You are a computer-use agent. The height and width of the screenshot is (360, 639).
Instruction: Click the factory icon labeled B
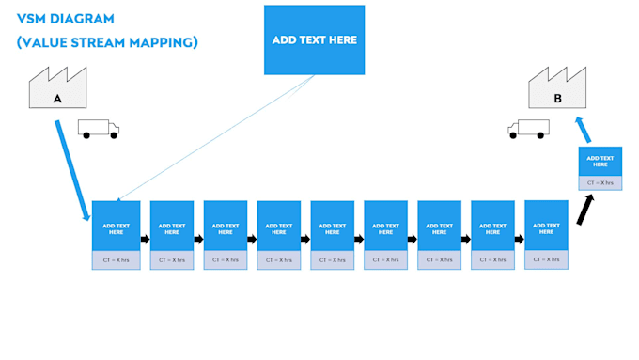558,90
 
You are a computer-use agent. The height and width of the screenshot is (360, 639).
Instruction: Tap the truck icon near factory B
528,129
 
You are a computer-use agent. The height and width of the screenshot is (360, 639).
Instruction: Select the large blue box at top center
314,39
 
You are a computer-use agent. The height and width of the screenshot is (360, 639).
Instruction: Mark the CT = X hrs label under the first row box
116,259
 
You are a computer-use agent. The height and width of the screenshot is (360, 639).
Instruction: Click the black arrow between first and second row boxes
145,239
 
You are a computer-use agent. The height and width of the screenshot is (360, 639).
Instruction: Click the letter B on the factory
557,98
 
